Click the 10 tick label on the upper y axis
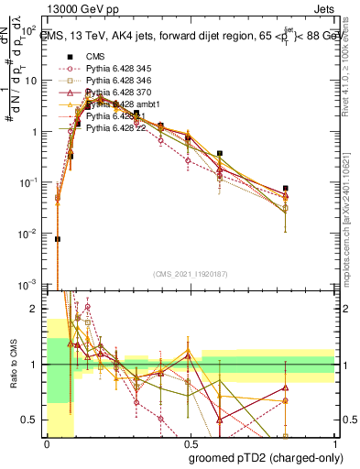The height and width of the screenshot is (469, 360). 34,80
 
